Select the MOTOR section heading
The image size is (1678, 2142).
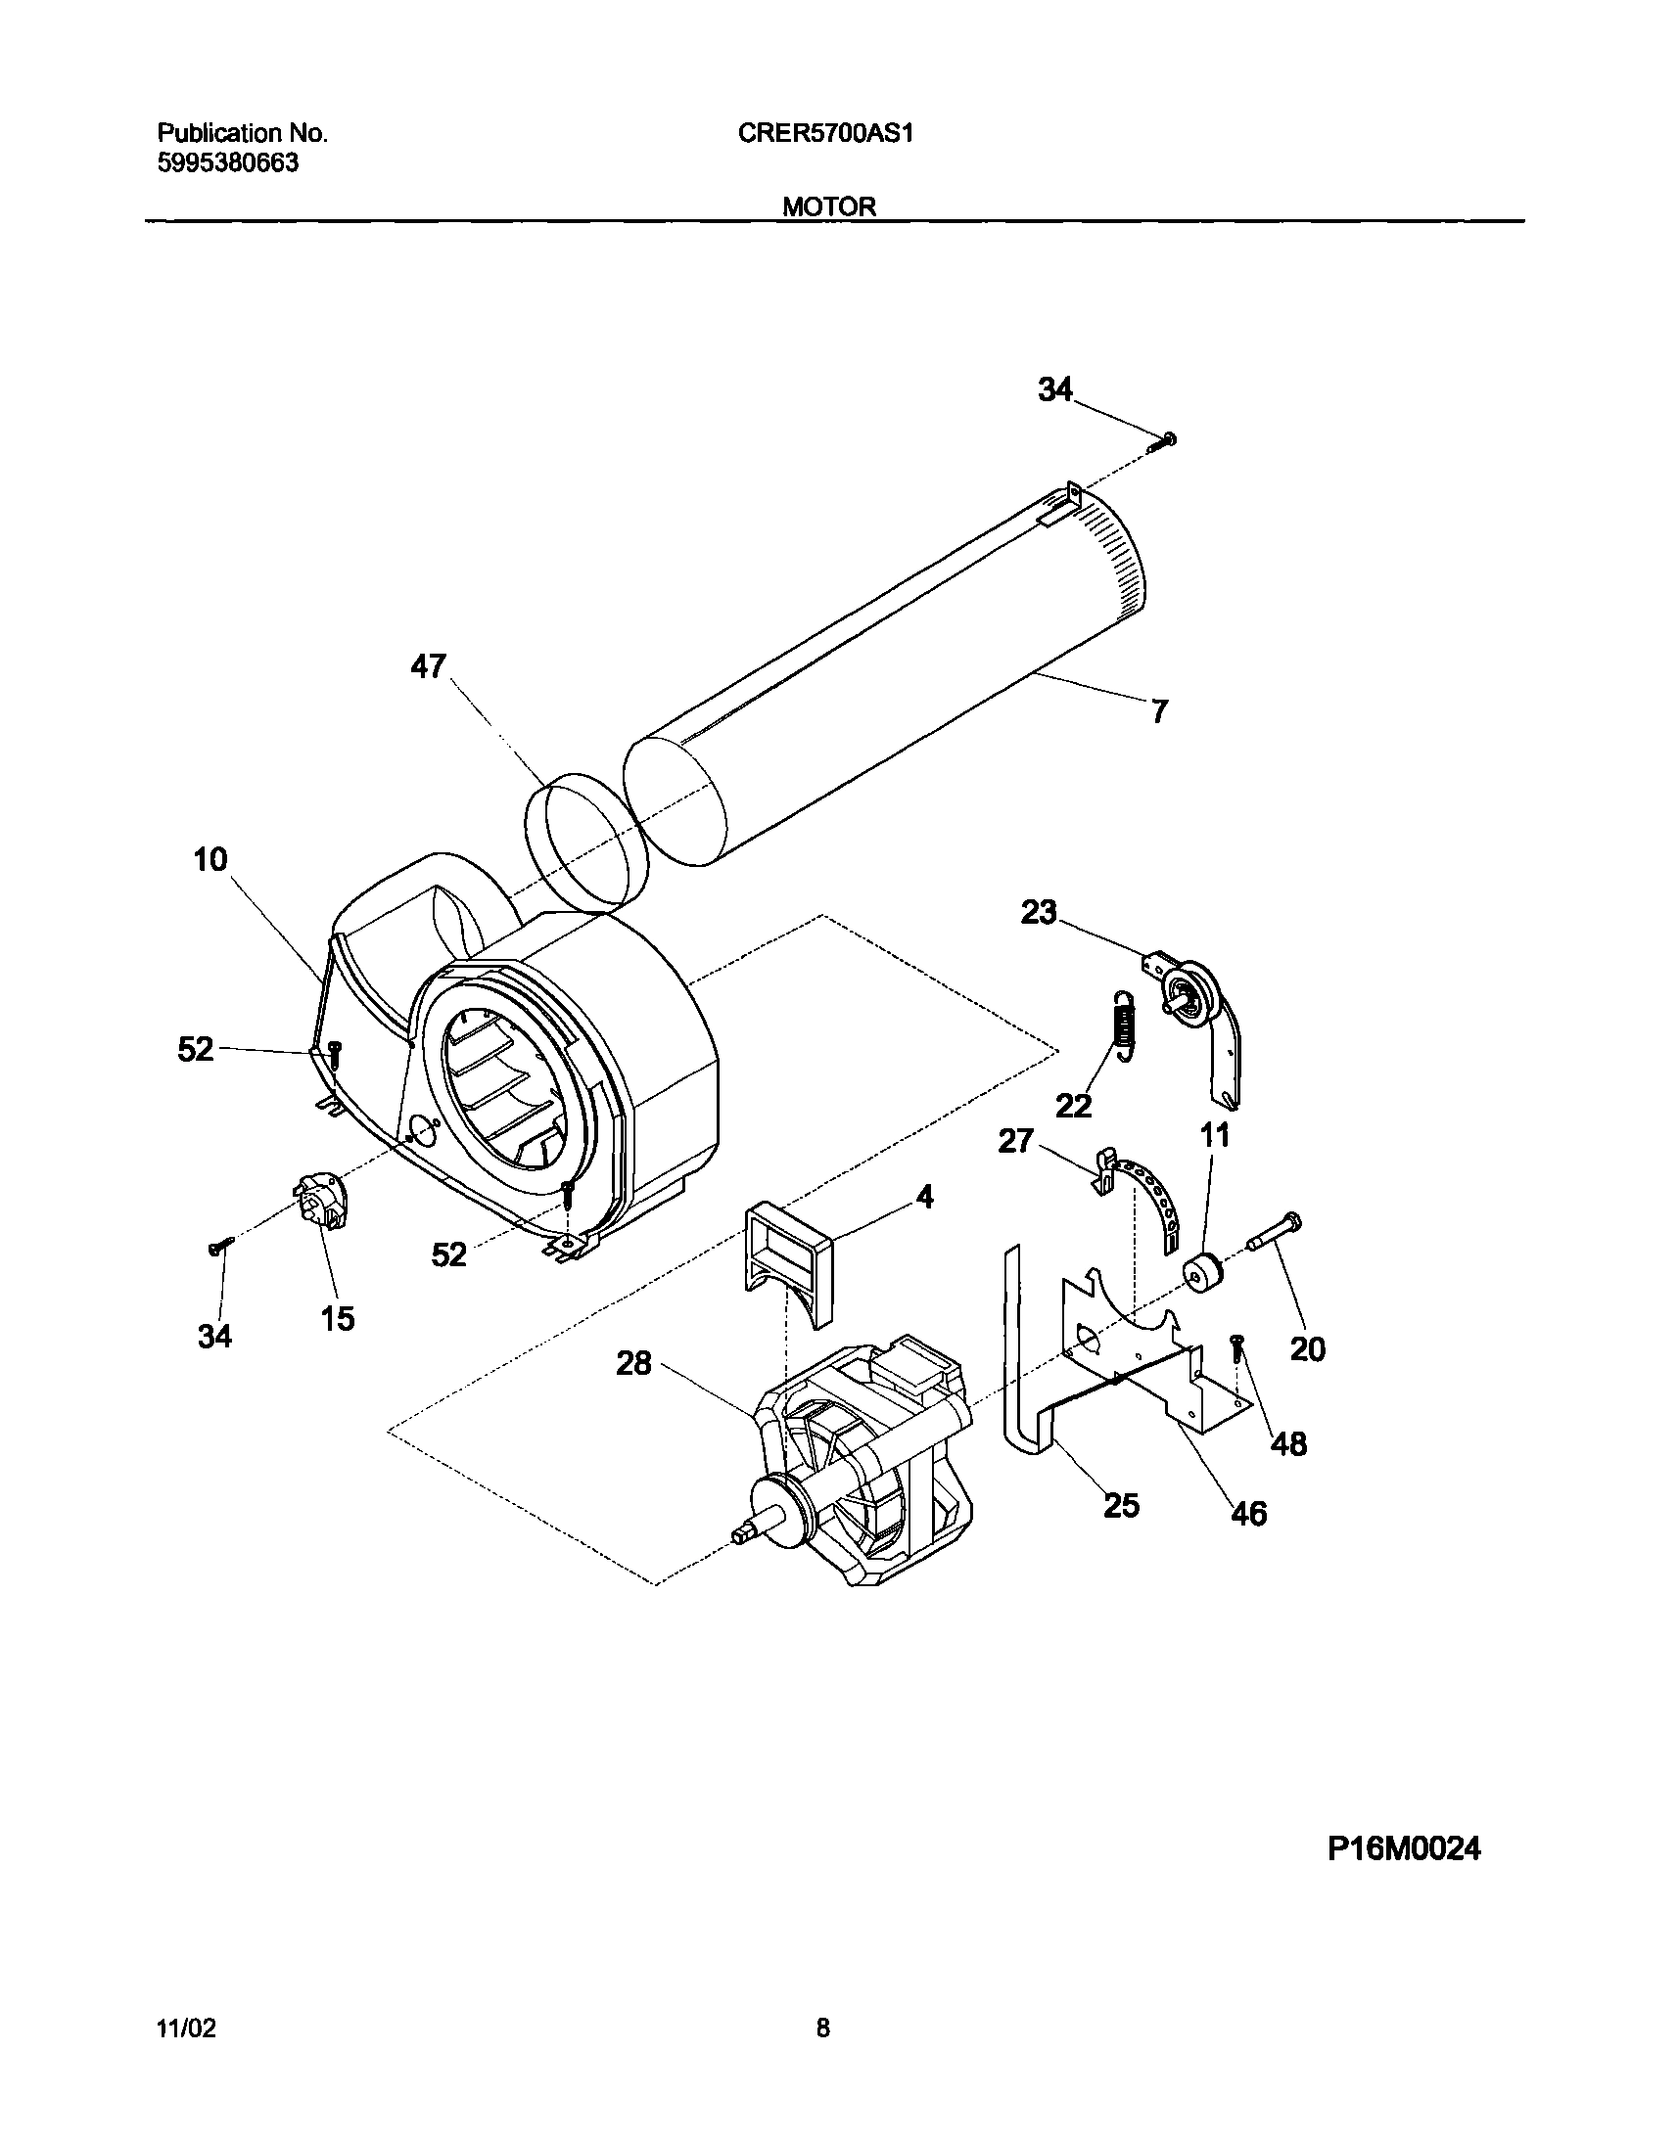[x=829, y=207]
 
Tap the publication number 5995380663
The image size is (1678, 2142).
[x=228, y=164]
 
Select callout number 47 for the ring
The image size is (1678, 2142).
[x=429, y=666]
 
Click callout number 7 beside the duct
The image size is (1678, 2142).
[x=1159, y=711]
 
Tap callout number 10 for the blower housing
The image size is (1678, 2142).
[x=210, y=860]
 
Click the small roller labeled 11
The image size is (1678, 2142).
[x=1200, y=1275]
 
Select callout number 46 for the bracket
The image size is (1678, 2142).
[x=1248, y=1514]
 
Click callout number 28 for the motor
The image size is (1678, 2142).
[x=633, y=1363]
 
